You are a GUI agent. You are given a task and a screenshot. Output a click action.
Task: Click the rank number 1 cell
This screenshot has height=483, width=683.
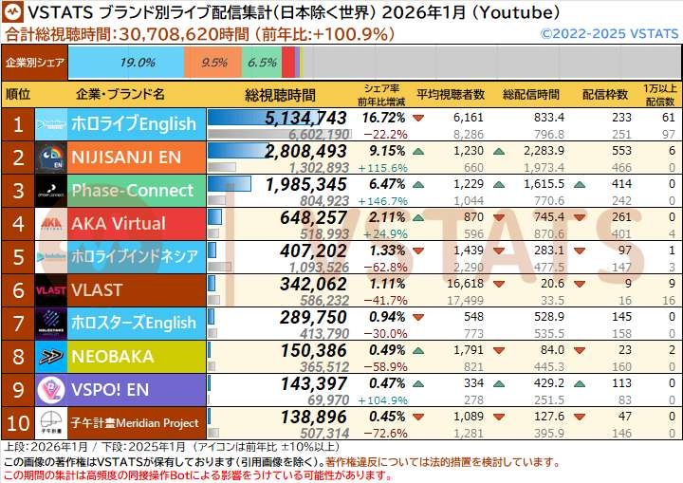[18, 124]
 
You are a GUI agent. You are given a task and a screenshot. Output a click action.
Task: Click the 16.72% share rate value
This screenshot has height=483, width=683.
[383, 118]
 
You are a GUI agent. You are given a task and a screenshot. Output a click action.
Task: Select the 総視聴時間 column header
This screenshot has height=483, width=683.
[280, 95]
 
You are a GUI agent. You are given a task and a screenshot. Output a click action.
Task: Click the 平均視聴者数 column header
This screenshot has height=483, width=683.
[451, 95]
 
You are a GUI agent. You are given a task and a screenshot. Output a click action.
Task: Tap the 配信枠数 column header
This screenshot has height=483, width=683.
[605, 95]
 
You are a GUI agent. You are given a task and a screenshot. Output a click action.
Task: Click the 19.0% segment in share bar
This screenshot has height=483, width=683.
[138, 63]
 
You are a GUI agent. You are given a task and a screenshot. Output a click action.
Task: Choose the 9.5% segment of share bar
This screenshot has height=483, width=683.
[214, 63]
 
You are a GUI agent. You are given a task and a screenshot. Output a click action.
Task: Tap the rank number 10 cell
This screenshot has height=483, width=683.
[18, 422]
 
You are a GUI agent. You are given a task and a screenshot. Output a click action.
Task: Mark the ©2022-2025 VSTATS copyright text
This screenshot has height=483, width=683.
[608, 33]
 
